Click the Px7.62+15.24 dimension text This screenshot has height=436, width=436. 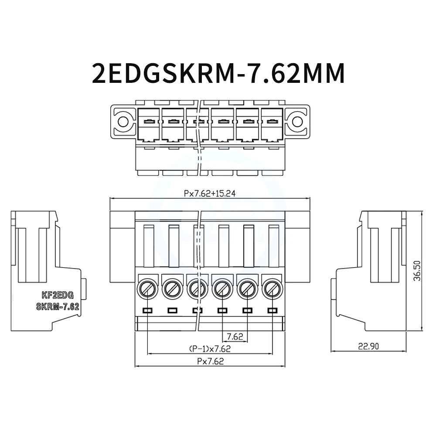[x=210, y=194]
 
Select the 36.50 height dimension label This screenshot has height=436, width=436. [x=417, y=271]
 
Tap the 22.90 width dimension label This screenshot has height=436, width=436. [x=368, y=347]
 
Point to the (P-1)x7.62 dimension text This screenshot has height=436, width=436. [x=210, y=348]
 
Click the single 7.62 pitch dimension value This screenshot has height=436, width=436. [x=235, y=337]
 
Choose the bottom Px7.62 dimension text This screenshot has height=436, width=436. [x=210, y=361]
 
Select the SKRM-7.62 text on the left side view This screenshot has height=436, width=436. [x=57, y=307]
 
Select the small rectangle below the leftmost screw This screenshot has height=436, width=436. [x=147, y=310]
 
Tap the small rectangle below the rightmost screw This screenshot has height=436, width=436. [x=272, y=310]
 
